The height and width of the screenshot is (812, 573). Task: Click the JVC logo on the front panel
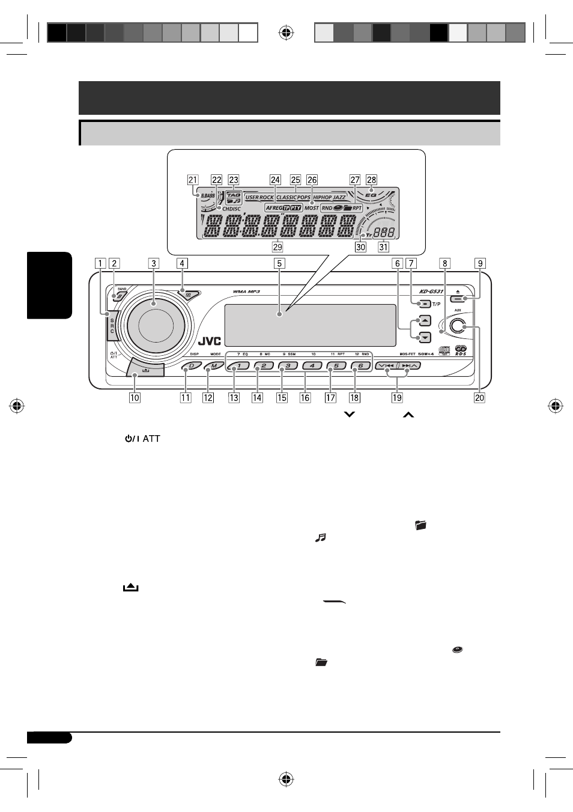210,341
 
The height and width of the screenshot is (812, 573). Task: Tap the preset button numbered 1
239,365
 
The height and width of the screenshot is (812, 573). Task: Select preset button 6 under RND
360,365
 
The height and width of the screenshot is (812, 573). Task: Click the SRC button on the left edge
112,325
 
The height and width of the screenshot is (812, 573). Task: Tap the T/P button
424,304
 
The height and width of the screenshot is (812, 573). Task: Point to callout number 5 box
279,263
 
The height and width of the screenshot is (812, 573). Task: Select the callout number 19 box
397,397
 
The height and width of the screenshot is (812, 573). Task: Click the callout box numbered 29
277,246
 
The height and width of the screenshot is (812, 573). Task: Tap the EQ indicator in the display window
371,195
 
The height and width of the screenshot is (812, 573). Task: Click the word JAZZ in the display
339,197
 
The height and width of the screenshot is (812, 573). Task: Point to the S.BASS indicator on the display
208,196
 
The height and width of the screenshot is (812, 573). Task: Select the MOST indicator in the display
312,208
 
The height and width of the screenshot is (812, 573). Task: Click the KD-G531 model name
431,291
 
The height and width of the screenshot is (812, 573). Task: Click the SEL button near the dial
189,295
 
